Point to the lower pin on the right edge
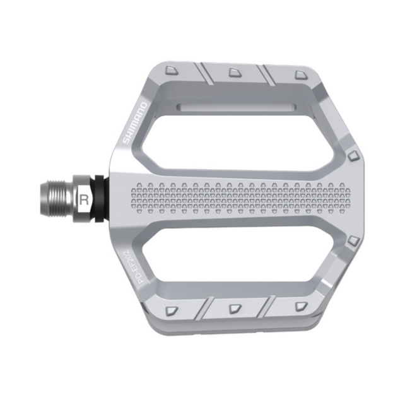coord(351,240)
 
